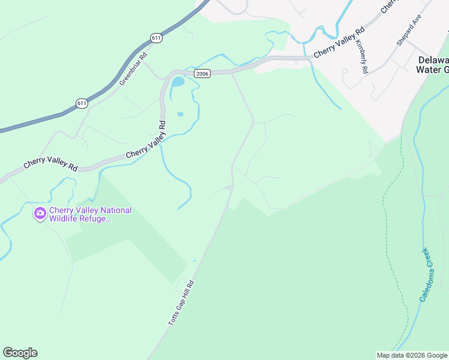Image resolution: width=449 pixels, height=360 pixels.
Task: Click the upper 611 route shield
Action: point(156,38)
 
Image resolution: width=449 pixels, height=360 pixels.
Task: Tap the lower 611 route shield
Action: point(82,103)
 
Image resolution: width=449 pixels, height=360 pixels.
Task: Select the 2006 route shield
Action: point(202,73)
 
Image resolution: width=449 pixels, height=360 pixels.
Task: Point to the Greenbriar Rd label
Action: point(133,70)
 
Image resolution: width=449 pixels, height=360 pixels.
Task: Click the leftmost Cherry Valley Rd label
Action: point(50,164)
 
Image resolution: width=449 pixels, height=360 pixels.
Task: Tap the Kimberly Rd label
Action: point(361,57)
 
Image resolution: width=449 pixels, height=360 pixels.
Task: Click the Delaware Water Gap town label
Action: point(432,65)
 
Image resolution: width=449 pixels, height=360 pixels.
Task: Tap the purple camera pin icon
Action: point(40,213)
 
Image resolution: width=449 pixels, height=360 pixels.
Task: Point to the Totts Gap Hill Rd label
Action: point(182,303)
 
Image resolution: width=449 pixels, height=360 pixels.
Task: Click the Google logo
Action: point(20,353)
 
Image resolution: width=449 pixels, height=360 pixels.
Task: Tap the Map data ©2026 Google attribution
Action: point(411,355)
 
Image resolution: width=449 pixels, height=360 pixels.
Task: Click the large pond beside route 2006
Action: point(178,81)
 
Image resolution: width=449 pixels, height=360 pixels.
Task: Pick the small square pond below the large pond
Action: point(181,114)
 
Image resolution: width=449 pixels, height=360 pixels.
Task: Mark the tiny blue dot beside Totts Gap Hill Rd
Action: point(194,260)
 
